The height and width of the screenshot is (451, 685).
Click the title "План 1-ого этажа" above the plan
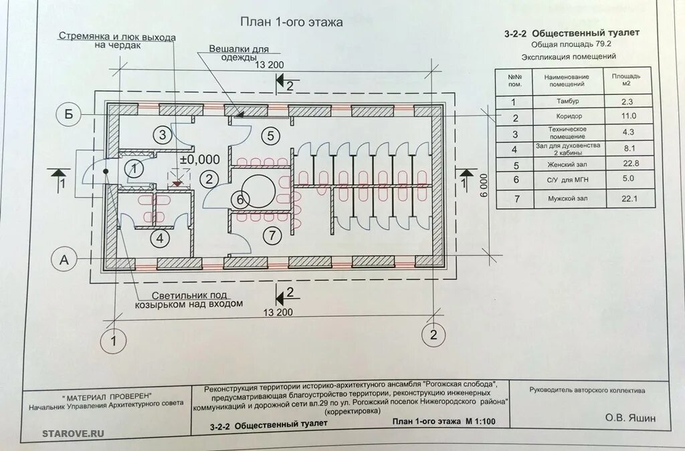[292, 22]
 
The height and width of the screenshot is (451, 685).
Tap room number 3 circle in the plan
[162, 134]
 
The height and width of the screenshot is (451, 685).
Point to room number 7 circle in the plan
[272, 235]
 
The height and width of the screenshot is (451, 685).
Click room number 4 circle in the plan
[159, 237]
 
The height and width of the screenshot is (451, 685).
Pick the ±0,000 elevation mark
[200, 160]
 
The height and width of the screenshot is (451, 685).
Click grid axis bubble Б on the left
[68, 115]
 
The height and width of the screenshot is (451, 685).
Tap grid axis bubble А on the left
[65, 261]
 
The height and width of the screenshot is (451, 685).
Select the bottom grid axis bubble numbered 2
[433, 334]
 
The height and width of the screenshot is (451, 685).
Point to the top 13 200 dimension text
[270, 65]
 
